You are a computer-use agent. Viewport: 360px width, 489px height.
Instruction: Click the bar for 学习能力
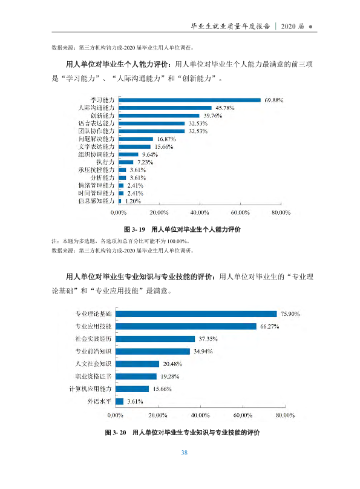189,100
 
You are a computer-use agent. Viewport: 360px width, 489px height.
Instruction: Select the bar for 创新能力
159,116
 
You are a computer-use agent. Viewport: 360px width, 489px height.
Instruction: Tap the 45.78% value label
224,108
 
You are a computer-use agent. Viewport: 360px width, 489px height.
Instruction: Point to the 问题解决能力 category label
96,139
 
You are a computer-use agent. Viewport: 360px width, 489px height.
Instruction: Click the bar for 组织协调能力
128,154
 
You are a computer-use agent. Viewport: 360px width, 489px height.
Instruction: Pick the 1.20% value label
133,201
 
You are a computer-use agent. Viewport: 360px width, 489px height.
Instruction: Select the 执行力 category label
105,162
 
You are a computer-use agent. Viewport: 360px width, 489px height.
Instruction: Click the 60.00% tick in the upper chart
240,212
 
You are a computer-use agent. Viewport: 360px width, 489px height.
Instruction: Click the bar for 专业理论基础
196,313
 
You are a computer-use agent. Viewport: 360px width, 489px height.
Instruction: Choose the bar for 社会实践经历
155,339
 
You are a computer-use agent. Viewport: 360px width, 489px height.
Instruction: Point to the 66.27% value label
270,327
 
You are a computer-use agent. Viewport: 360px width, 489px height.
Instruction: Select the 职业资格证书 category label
93,376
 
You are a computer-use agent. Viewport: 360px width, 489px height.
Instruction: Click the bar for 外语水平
119,401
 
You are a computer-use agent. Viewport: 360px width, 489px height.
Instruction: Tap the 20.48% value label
172,364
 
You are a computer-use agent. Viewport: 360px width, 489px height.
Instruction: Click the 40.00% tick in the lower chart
200,415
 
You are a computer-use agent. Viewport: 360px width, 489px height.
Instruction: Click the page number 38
184,453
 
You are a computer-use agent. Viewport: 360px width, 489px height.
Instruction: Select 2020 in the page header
288,27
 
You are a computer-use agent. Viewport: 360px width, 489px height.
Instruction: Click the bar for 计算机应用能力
132,389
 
